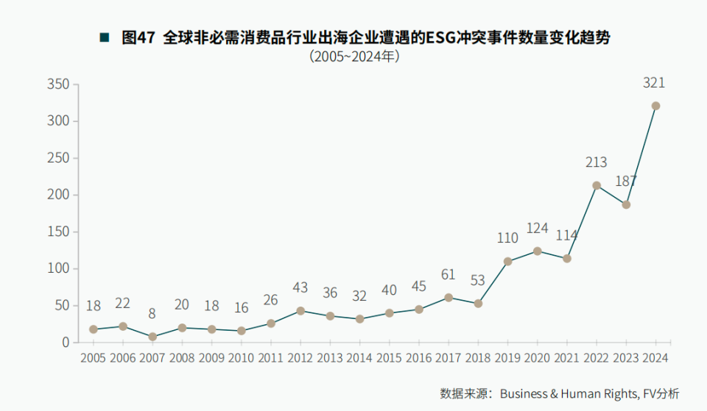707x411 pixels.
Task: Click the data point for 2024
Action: pyautogui.click(x=655, y=106)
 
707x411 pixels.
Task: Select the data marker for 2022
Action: pyautogui.click(x=597, y=185)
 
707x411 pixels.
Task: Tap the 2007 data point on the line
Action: pyautogui.click(x=152, y=337)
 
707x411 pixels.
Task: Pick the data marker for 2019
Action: pyautogui.click(x=507, y=261)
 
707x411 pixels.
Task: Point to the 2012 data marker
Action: pyautogui.click(x=300, y=311)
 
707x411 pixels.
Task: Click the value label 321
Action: pyautogui.click(x=654, y=83)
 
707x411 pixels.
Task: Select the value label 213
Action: pyautogui.click(x=597, y=162)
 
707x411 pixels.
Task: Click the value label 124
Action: pyautogui.click(x=537, y=228)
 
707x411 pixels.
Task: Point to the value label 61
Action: pyautogui.click(x=448, y=275)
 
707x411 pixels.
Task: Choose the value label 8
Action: pyautogui.click(x=152, y=314)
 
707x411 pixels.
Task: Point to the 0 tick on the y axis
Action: pyautogui.click(x=66, y=343)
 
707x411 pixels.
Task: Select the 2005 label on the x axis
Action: pyautogui.click(x=94, y=358)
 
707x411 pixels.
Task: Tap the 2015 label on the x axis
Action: pyautogui.click(x=389, y=358)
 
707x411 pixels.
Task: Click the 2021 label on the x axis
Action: pyautogui.click(x=566, y=358)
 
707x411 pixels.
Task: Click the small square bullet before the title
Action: pyautogui.click(x=105, y=37)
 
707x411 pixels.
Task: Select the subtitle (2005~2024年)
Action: pyautogui.click(x=354, y=57)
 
